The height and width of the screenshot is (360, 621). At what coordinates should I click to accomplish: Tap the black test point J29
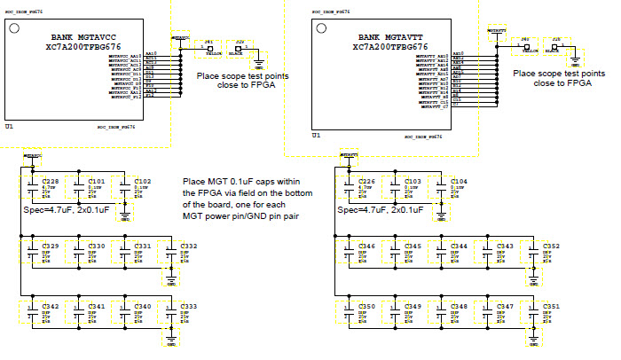(240, 48)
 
